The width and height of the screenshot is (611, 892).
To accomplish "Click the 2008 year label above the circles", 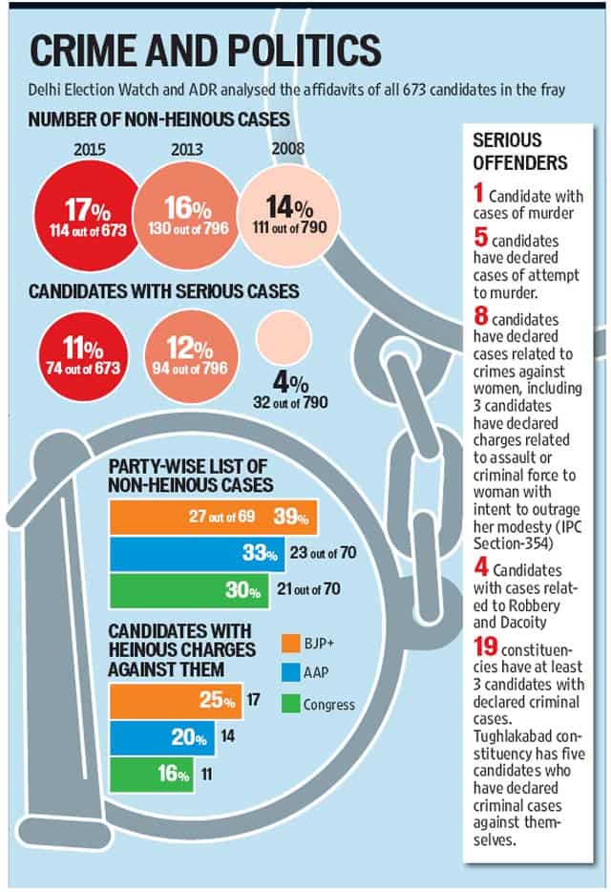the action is point(288,148).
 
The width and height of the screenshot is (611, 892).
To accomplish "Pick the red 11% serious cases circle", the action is point(83,357).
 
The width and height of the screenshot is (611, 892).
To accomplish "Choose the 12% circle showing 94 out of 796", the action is point(190,356).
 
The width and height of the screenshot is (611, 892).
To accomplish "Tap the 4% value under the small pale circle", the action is point(290,382).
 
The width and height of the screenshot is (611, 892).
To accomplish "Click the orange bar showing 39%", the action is point(213,517).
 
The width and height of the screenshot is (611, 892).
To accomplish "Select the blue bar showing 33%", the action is point(198,554).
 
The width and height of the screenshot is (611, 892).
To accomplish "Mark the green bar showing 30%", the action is point(189,590).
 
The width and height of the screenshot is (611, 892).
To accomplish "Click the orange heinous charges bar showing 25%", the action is point(176,701).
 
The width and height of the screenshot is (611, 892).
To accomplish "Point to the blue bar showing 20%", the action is point(162,738).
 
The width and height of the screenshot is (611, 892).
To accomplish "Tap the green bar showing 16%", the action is point(152,775).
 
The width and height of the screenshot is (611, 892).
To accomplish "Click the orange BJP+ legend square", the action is point(290,644).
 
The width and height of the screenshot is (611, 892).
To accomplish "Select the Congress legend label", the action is point(328,705).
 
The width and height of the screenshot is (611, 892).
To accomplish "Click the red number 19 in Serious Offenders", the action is point(485,647).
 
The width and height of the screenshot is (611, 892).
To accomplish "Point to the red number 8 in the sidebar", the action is point(481,316).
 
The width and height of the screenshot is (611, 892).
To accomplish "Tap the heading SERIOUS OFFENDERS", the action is point(520,151).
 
